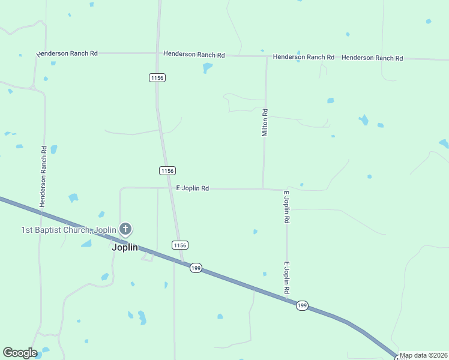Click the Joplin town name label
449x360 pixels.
pyautogui.click(x=125, y=247)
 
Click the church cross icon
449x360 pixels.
pyautogui.click(x=125, y=229)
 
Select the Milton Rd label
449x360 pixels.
pyautogui.click(x=265, y=122)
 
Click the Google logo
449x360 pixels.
pyautogui.click(x=20, y=353)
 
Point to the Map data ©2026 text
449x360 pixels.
pyautogui.click(x=423, y=355)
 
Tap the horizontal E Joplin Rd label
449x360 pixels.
pyautogui.click(x=192, y=188)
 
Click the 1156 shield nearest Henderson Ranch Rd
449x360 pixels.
pyautogui.click(x=157, y=77)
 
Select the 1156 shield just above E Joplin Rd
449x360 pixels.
pyautogui.click(x=167, y=171)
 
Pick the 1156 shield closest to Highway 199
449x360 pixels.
pyautogui.click(x=180, y=245)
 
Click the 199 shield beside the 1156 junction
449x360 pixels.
pyautogui.click(x=196, y=268)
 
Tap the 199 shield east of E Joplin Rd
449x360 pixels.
pyautogui.click(x=302, y=306)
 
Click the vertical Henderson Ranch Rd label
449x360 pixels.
pyautogui.click(x=43, y=176)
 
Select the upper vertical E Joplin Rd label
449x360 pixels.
pyautogui.click(x=287, y=207)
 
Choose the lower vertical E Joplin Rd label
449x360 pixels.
pyautogui.click(x=287, y=278)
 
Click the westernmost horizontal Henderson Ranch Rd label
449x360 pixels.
pyautogui.click(x=67, y=53)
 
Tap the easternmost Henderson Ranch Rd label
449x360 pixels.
pyautogui.click(x=372, y=58)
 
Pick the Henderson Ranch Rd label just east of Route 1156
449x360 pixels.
pyautogui.click(x=194, y=55)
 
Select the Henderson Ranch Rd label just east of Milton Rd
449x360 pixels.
pyautogui.click(x=304, y=57)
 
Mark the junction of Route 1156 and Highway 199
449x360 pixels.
pyautogui.click(x=182, y=262)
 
